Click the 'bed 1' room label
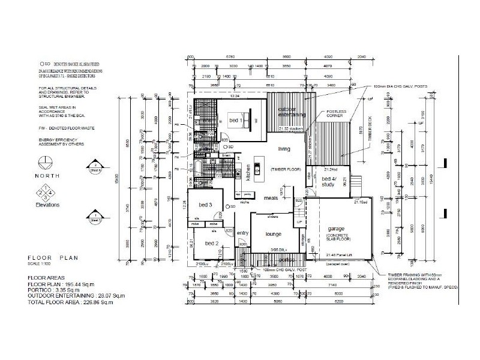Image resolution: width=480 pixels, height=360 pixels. tap(236, 121)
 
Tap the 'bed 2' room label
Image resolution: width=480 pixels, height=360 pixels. tap(212, 243)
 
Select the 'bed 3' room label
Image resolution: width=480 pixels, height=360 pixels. tap(206, 205)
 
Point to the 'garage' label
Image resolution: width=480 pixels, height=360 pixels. tap(336, 229)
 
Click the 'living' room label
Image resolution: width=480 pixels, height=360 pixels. tap(284, 148)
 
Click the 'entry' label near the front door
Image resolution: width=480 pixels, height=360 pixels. tap(242, 233)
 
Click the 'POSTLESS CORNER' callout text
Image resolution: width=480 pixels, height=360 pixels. tap(335, 114)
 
